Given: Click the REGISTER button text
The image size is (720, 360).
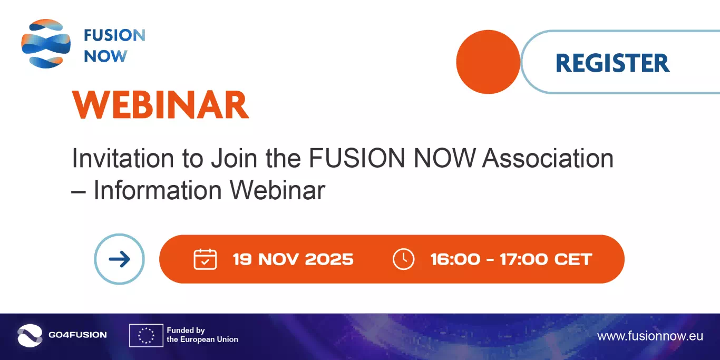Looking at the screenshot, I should [612, 63].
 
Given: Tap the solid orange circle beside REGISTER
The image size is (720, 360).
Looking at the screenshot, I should [488, 62].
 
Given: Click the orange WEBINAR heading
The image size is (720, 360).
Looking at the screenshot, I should [160, 105].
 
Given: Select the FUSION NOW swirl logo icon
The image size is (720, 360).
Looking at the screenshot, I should [46, 44].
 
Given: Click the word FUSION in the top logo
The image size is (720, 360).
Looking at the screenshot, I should [114, 36].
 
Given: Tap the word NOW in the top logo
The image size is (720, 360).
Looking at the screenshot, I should [105, 56].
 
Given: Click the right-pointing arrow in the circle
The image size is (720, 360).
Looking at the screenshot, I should [119, 259].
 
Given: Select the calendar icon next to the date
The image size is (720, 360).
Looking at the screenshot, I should [205, 259].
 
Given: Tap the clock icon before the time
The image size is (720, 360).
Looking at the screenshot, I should [404, 259].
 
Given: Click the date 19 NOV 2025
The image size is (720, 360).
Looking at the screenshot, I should [293, 259].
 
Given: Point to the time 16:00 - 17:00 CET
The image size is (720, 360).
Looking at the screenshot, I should [511, 259].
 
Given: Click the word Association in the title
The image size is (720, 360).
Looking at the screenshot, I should [549, 158].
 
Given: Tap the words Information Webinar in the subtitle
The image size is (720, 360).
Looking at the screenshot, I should [209, 190].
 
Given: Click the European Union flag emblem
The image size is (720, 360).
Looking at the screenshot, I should [146, 335].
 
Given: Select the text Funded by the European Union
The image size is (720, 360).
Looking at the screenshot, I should [202, 335].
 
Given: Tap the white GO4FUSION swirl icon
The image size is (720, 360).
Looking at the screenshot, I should [30, 335].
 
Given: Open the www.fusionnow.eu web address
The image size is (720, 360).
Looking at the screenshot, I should [650, 336].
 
